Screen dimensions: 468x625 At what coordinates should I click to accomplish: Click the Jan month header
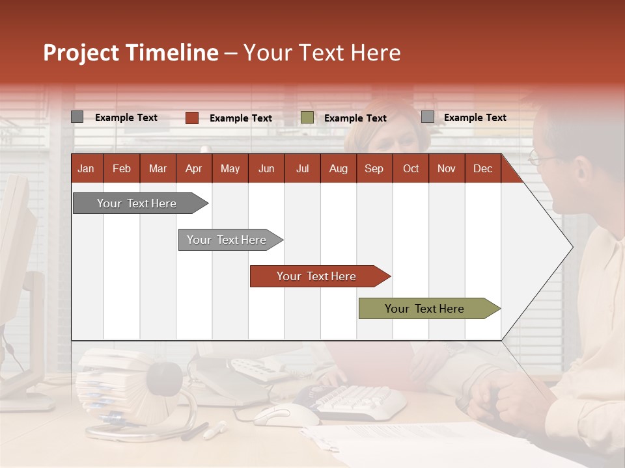pyautogui.click(x=86, y=168)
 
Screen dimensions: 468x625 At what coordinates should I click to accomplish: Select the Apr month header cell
pyautogui.click(x=193, y=168)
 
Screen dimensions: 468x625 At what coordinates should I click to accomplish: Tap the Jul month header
pyautogui.click(x=302, y=168)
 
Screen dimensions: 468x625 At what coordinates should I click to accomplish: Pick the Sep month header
pyautogui.click(x=374, y=168)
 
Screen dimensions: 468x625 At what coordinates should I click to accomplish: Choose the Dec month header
pyautogui.click(x=482, y=168)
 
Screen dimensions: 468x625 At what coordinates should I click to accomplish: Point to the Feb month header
pyautogui.click(x=122, y=168)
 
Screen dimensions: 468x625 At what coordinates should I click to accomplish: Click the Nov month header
pyautogui.click(x=447, y=168)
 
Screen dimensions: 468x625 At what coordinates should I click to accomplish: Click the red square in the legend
pyautogui.click(x=192, y=118)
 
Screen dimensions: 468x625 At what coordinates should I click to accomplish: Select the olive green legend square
pyautogui.click(x=307, y=118)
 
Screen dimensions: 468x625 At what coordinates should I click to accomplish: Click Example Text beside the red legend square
pyautogui.click(x=240, y=118)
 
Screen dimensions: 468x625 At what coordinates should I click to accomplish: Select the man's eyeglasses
pyautogui.click(x=540, y=157)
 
